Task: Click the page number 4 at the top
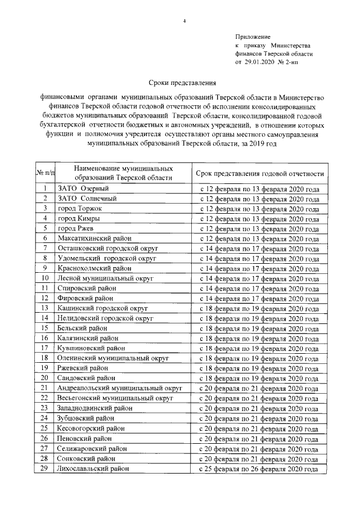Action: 184,21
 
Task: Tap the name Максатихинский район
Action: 91,238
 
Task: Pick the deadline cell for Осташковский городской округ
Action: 260,248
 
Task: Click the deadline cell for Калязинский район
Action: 260,339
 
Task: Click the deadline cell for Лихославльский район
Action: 260,468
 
